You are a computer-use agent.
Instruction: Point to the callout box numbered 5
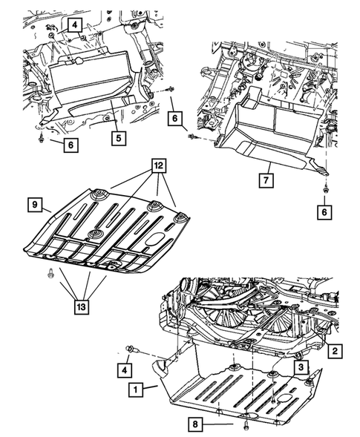pyautogui.click(x=117, y=137)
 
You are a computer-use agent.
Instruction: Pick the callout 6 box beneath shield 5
pyautogui.click(x=69, y=146)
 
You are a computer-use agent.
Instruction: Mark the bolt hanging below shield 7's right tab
pyautogui.click(x=326, y=193)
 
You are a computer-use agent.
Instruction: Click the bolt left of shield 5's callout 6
pyautogui.click(x=42, y=139)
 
